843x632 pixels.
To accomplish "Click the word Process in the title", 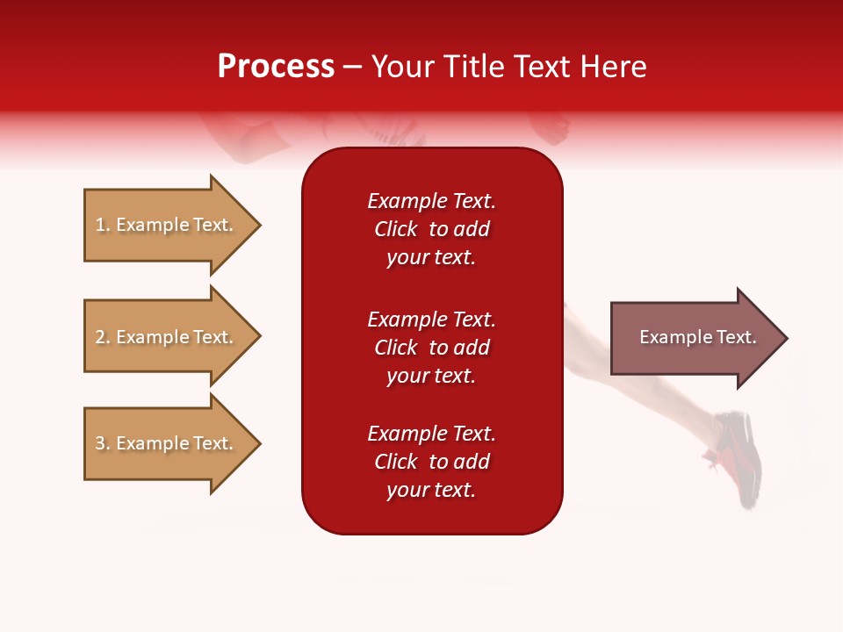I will [x=276, y=67].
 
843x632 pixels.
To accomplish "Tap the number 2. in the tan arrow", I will [x=103, y=337].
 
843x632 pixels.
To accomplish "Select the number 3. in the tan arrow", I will [x=103, y=443].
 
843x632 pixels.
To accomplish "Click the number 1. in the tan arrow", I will [x=103, y=225].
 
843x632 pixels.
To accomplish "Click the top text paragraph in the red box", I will [x=431, y=229].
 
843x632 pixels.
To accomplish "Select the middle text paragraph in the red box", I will [x=431, y=348].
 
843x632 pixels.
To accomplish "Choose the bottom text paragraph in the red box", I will [x=431, y=462].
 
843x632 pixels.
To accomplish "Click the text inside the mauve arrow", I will [x=697, y=337].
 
